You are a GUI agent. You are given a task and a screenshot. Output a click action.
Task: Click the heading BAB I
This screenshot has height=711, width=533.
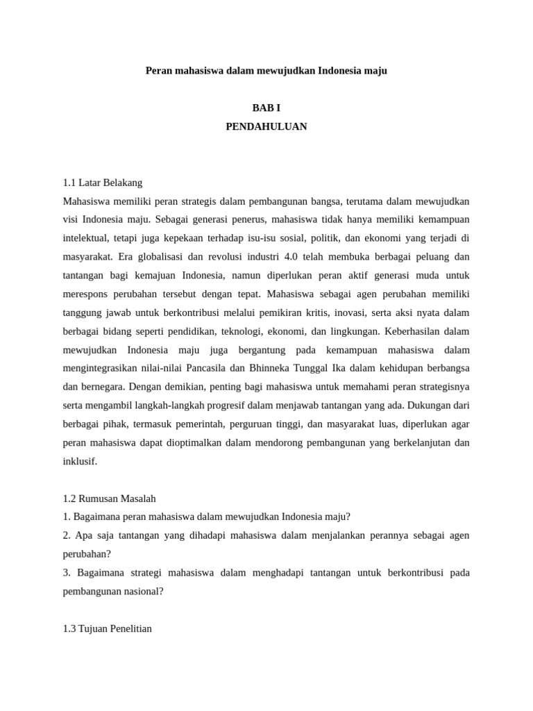click(266, 108)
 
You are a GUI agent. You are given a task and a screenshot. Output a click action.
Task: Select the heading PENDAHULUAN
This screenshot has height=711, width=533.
click(266, 126)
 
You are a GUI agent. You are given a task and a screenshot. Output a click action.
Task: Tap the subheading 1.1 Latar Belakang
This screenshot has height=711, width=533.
click(103, 183)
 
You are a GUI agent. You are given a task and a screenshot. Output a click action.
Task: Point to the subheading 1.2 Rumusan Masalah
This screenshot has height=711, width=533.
click(109, 499)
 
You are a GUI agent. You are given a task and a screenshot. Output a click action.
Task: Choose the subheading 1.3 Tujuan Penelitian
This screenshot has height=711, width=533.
click(107, 628)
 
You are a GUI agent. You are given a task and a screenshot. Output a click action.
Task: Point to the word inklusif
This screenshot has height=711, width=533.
click(80, 460)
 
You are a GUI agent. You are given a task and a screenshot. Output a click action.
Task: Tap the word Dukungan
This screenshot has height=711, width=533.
click(428, 405)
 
